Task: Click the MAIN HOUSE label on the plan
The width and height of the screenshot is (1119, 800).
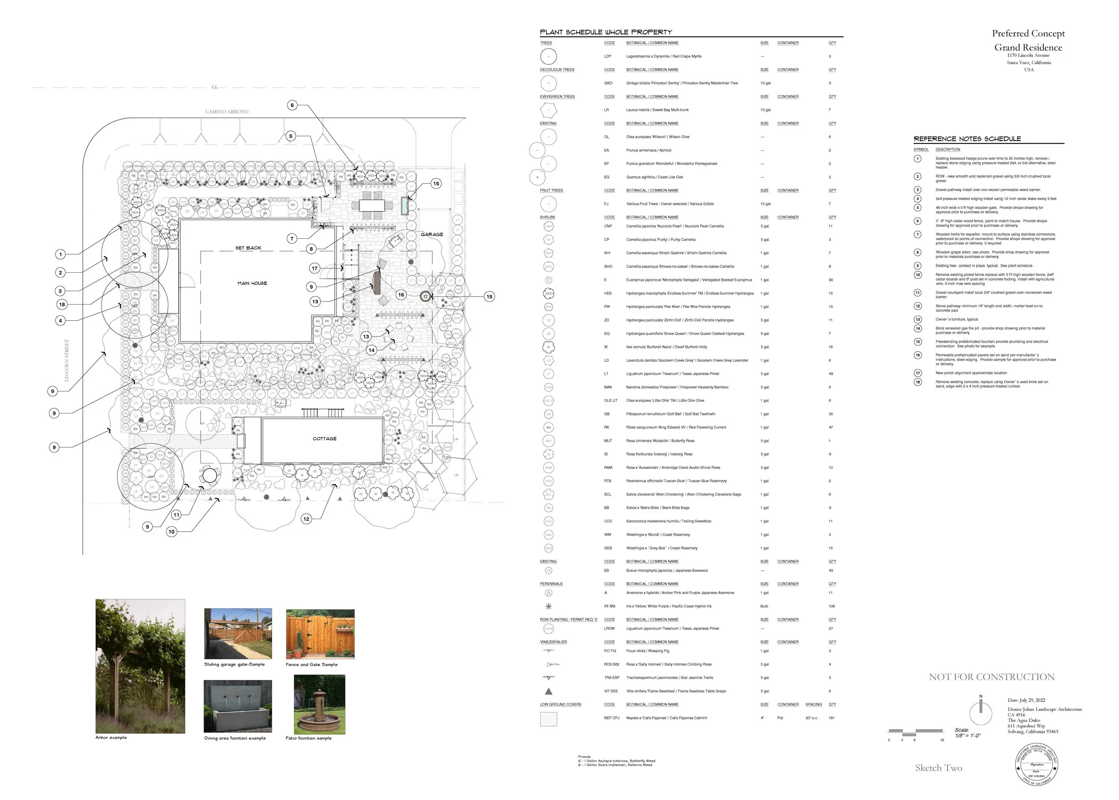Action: tap(252, 283)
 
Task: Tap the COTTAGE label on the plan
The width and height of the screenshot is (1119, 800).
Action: tap(325, 439)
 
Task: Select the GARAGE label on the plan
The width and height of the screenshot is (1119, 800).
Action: tap(432, 234)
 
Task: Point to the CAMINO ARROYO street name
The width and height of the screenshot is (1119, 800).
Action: tap(226, 112)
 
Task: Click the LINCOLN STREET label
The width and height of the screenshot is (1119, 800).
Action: tap(67, 360)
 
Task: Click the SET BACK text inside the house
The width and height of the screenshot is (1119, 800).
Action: tap(248, 248)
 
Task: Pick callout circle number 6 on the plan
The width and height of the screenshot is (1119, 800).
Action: tap(292, 105)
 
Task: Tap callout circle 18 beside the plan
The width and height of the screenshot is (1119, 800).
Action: tap(62, 305)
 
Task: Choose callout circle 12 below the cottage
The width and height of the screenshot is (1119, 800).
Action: tap(306, 519)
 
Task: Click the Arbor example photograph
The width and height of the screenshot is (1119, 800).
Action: tap(140, 666)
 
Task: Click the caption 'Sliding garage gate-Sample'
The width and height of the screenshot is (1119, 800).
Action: tap(235, 665)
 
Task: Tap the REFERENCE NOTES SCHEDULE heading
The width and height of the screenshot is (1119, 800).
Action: tap(967, 139)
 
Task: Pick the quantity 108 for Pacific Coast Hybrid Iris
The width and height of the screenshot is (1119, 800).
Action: tap(832, 606)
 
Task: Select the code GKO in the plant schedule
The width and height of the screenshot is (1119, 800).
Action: tap(608, 83)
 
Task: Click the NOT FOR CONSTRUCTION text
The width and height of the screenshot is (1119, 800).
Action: tap(991, 677)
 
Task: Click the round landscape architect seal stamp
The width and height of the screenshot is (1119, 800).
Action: tap(1036, 765)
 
